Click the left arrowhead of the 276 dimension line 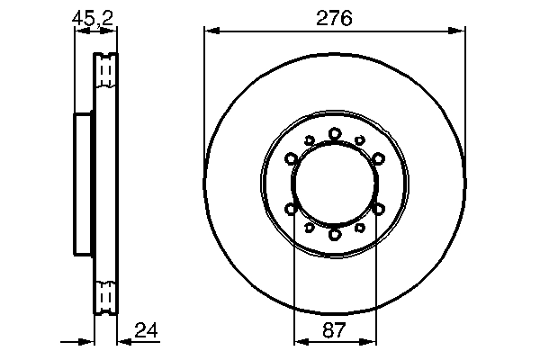[211, 31]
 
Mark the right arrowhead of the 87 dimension [369, 342]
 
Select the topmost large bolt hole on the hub [335, 133]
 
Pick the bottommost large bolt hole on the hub [335, 234]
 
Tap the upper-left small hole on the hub [309, 139]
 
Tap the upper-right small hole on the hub [361, 139]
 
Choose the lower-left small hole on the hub [309, 228]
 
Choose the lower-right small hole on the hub [361, 228]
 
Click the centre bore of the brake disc [335, 184]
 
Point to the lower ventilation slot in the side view [106, 294]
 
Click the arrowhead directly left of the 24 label [123, 342]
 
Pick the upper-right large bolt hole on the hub [378, 158]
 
